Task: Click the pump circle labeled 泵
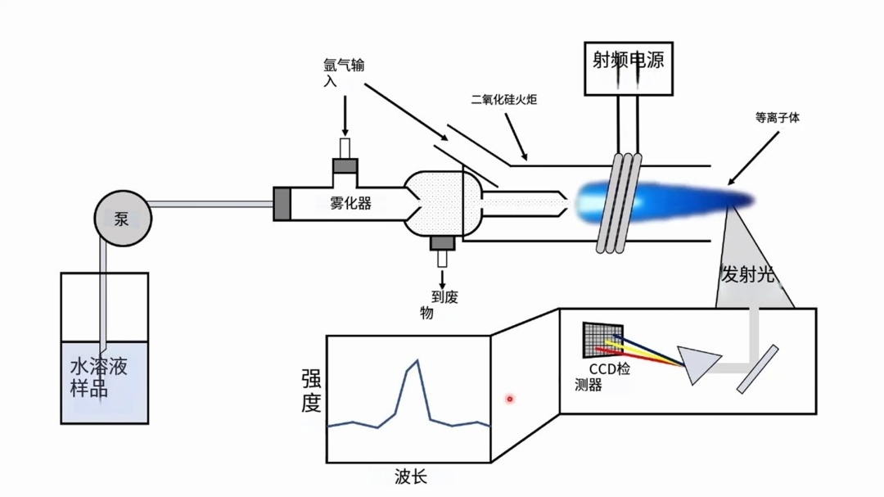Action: [x=122, y=219]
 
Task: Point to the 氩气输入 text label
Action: [x=344, y=73]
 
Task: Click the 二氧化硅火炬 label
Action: [x=503, y=99]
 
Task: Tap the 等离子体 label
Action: [x=777, y=118]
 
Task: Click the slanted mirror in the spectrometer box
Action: [x=757, y=369]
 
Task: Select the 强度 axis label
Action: [x=311, y=391]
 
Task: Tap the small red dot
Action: [x=509, y=399]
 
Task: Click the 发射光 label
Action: [x=746, y=275]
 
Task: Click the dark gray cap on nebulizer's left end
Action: [x=282, y=204]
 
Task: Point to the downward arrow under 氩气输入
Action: [x=345, y=119]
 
